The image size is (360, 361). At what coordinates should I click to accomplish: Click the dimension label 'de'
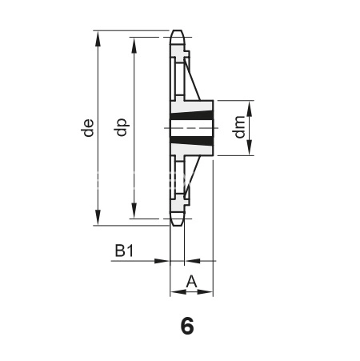tap(88, 128)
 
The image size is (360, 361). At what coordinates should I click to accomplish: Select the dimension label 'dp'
tap(122, 127)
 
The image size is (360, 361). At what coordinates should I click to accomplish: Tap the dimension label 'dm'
tap(239, 127)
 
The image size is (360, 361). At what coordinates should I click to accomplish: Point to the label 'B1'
tap(124, 251)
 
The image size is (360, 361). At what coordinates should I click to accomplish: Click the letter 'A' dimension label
tap(191, 282)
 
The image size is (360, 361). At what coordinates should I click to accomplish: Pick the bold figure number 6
tap(187, 326)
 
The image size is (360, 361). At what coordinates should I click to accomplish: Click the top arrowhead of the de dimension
tap(98, 38)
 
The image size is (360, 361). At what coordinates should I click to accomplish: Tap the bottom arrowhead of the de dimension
tap(98, 217)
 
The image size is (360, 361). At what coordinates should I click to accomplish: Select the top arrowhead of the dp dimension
tap(134, 46)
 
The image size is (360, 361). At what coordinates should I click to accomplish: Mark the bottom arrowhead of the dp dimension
tap(134, 211)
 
